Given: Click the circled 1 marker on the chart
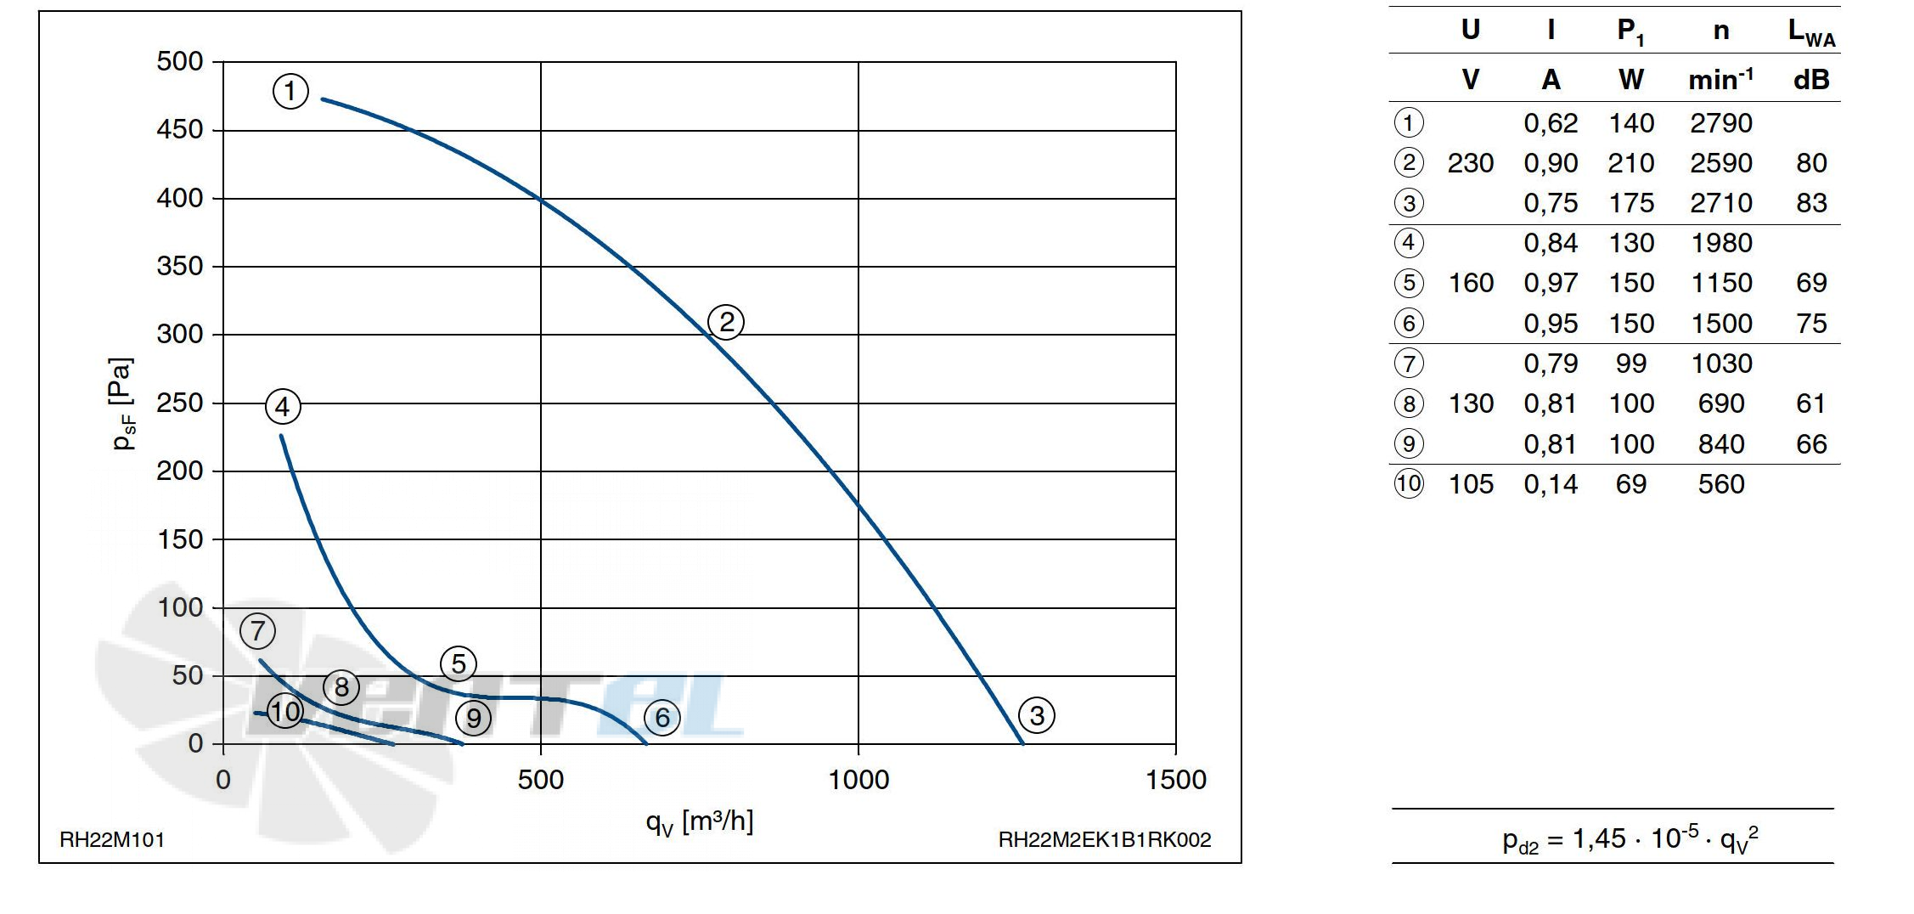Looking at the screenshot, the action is tap(290, 90).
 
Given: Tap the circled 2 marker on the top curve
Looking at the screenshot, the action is tap(726, 322).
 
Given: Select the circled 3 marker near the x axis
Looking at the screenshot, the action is tap(1037, 715).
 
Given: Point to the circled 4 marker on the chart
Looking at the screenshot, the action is tap(283, 406).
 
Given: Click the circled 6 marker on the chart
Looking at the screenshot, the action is tap(662, 718).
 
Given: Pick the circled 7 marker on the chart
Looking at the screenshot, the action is tap(258, 630).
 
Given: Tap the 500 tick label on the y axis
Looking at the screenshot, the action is tap(180, 61).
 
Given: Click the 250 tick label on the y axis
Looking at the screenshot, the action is tap(180, 403).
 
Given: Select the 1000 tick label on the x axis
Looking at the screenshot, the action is tap(858, 780).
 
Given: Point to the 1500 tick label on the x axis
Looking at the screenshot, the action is tap(1176, 780).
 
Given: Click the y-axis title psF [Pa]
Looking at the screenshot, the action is tap(122, 403).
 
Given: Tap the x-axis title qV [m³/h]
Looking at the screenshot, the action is tap(700, 822).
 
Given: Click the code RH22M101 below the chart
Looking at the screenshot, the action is tap(112, 840).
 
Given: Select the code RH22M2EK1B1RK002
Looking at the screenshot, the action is tap(1105, 840).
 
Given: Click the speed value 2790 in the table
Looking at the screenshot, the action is tap(1721, 123).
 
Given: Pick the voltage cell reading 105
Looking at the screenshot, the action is tap(1471, 484).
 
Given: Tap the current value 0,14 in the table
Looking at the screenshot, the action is tap(1551, 484).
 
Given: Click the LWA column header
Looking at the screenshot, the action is tap(1811, 32).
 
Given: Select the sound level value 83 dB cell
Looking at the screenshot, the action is tap(1811, 203).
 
